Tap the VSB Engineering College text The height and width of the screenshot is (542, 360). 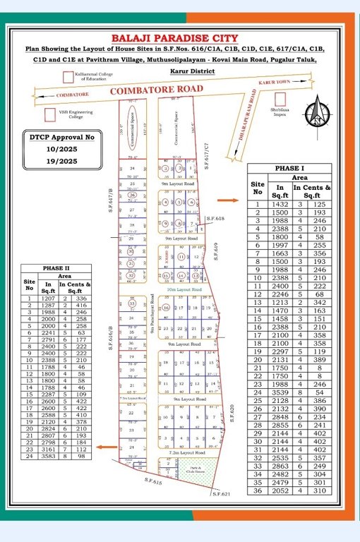click(71, 114)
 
